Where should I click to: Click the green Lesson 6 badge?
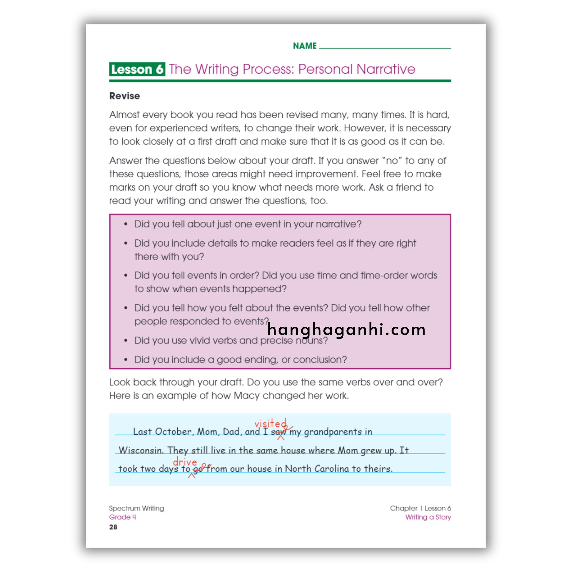coord(137,69)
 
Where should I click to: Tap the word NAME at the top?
coord(305,46)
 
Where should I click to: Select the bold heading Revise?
coord(124,96)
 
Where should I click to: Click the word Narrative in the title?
coord(386,69)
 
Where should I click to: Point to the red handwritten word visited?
coord(270,424)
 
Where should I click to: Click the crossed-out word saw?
coord(278,432)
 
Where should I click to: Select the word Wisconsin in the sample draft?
coord(141,450)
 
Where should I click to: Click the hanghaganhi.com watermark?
coord(346,330)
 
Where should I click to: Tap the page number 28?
coord(113,527)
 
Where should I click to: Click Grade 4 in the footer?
coord(123,517)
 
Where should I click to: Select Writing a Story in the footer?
coord(428,517)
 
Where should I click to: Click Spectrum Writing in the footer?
coord(137,508)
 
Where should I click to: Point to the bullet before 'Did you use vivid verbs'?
coord(126,340)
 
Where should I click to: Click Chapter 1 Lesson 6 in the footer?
coord(420,508)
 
